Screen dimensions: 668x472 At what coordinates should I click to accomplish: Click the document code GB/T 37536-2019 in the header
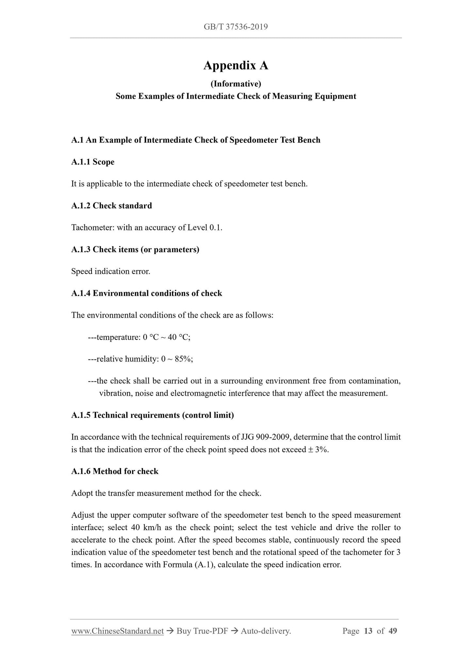tap(236, 27)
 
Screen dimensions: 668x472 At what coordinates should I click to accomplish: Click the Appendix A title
tap(236, 66)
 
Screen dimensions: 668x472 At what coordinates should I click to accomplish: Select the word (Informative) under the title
tap(236, 84)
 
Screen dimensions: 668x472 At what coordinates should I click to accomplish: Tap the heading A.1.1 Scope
tap(93, 162)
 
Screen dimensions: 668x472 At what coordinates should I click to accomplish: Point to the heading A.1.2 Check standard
tap(111, 206)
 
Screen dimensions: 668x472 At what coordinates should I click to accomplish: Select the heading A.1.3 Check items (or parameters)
tap(135, 249)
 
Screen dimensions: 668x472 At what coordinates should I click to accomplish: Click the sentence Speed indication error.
tap(111, 271)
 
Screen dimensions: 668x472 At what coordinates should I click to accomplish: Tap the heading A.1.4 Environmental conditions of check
tap(147, 293)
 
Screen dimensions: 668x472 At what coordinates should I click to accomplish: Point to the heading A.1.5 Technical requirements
tap(153, 415)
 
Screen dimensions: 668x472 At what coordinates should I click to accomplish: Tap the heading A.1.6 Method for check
tap(115, 471)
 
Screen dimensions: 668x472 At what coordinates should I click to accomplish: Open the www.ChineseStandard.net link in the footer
tap(117, 631)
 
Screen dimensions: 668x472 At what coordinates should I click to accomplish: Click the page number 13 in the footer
tap(368, 631)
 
